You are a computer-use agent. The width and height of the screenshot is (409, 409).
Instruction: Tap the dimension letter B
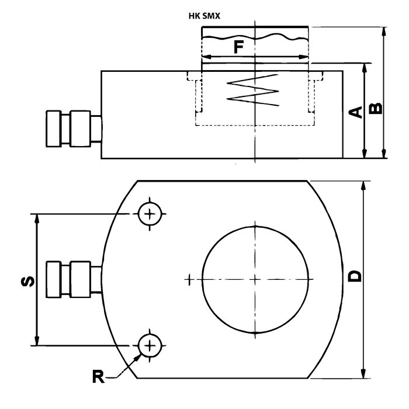point(376,108)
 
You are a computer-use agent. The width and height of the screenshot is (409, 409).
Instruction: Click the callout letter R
point(99,376)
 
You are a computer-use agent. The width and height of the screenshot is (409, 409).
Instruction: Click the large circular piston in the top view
point(255,278)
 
